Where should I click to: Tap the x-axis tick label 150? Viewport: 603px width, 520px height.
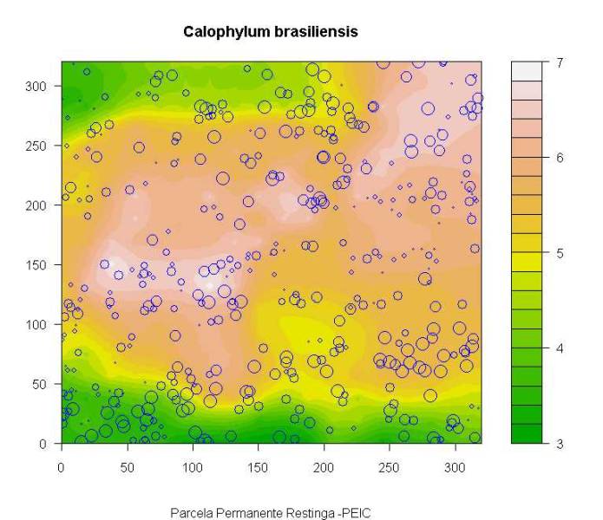[x=140, y=467]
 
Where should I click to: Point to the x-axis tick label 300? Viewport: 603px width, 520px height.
[x=272, y=467]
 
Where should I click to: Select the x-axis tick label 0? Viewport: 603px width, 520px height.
[x=61, y=467]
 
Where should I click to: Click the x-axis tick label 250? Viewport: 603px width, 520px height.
[x=227, y=467]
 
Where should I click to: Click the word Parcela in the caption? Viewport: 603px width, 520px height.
[x=188, y=512]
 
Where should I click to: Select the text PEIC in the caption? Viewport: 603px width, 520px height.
[x=357, y=512]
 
